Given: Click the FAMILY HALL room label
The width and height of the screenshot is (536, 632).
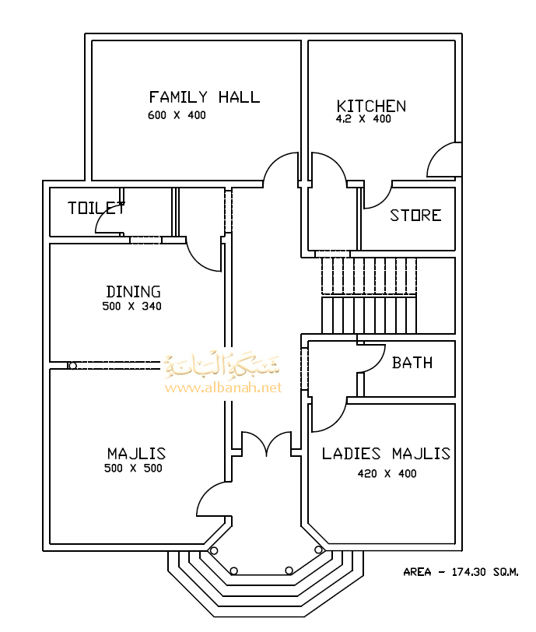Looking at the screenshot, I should [x=205, y=97].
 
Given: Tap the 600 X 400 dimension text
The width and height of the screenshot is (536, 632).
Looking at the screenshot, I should [x=177, y=115].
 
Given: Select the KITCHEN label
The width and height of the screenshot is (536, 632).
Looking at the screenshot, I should [x=371, y=106].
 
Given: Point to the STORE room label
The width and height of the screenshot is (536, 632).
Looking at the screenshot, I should [x=415, y=216].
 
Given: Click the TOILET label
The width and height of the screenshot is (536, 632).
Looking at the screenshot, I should [x=96, y=208].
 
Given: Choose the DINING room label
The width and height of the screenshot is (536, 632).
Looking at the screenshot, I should [x=133, y=292].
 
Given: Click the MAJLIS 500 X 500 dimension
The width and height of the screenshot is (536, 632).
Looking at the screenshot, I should [x=133, y=469].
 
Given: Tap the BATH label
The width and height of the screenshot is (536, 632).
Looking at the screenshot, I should [x=412, y=363].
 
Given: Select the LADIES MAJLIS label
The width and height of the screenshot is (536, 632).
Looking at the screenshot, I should [x=386, y=454].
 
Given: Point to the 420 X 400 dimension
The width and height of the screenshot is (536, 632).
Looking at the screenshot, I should [x=387, y=473].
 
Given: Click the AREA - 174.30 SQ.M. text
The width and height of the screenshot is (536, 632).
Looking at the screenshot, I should [x=461, y=572].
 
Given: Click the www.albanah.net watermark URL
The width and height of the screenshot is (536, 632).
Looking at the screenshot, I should [x=222, y=387].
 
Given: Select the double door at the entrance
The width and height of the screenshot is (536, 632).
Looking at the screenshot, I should [x=265, y=445].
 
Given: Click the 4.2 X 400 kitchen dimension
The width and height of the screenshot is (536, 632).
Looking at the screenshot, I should [x=363, y=120].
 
